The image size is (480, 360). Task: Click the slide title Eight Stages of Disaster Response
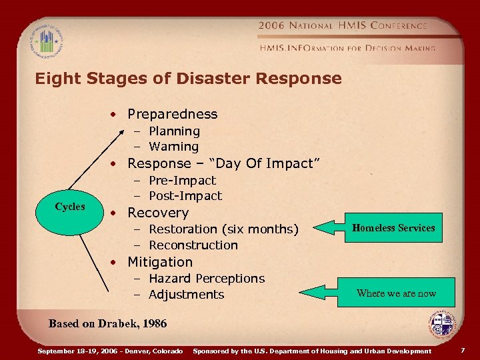[188, 79]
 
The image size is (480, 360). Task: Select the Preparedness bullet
[172, 114]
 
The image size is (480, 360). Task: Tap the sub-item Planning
[174, 131]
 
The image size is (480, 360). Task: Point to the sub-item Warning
[173, 147]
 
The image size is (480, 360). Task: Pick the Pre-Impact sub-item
[182, 181]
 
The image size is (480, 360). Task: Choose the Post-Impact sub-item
[185, 196]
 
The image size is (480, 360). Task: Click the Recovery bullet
[158, 213]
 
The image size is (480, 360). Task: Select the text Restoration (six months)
[223, 229]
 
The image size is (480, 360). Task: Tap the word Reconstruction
[193, 245]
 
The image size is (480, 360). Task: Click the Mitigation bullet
[160, 262]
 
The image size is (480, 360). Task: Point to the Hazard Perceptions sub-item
[206, 279]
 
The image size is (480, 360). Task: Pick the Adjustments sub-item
[186, 295]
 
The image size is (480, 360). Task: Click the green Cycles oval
[70, 207]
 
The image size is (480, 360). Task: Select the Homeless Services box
[393, 228]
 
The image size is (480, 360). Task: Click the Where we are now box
[396, 293]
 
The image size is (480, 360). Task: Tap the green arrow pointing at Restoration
[333, 228]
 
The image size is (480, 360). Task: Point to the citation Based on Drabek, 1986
[107, 324]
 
